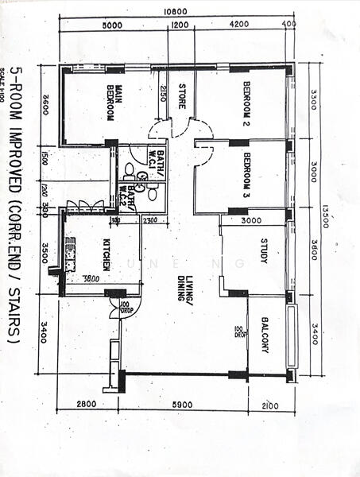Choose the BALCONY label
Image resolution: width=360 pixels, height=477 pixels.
coord(266,335)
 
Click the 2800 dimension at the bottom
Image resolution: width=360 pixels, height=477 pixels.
coord(87,405)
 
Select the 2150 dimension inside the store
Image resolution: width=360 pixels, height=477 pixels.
coord(163,92)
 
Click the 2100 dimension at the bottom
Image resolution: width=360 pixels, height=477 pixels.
coord(271,405)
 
